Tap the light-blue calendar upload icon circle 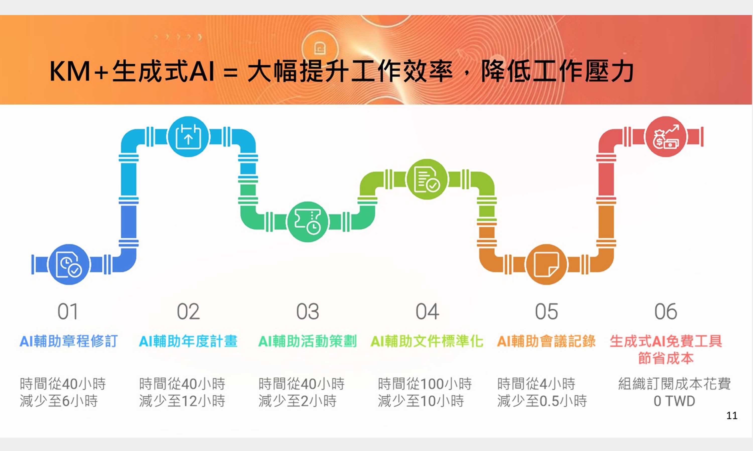188,136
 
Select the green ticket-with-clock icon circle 308,222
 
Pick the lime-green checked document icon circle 427,179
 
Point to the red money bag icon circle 666,136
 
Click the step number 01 68,312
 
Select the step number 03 308,312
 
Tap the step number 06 666,312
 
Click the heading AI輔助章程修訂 69,341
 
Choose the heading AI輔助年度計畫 188,341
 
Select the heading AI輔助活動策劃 307,341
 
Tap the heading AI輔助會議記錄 546,341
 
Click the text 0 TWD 674,401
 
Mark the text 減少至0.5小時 542,401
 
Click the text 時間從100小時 425,384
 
